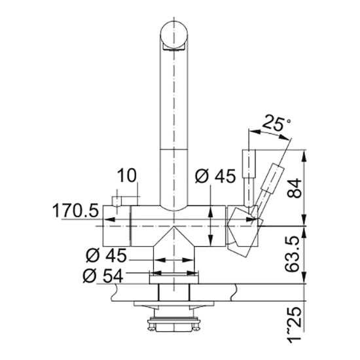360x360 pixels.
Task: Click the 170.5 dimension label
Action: click(x=76, y=211)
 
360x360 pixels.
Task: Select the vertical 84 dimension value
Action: click(x=294, y=189)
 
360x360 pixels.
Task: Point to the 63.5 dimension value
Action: click(x=292, y=254)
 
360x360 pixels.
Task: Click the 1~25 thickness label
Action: click(x=294, y=324)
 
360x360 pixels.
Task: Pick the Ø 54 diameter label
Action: click(x=103, y=276)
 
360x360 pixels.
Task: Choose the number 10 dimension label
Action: click(x=127, y=175)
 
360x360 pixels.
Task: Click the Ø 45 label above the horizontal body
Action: click(x=215, y=176)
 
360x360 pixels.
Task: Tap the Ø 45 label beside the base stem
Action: click(x=106, y=255)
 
